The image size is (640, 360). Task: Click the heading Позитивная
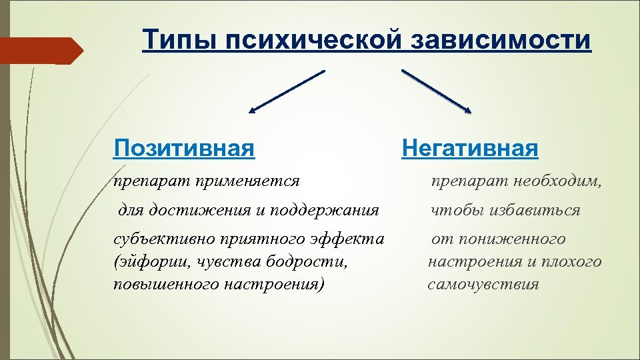point(184,147)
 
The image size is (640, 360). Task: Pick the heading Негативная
point(469,147)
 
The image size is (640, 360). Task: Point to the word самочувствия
point(483,284)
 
